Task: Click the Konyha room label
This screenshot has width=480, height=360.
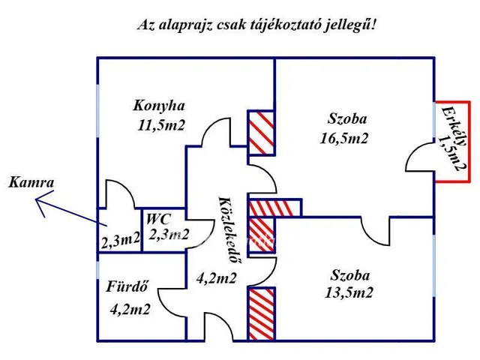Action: pos(159,105)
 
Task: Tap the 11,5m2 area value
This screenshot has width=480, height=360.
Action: pos(161,125)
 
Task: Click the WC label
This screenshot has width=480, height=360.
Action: pos(159,220)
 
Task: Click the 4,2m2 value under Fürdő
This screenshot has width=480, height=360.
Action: pos(130,307)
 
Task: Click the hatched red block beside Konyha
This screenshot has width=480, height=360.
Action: pos(261,133)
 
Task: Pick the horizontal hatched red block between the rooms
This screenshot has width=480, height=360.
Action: pos(274,208)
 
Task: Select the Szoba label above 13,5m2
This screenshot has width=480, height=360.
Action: pos(349,274)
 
